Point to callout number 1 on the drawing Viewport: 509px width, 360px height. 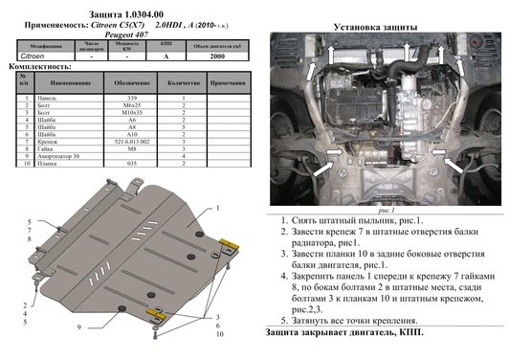pyautogui.click(x=218, y=208)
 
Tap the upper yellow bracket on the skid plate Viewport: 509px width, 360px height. pyautogui.click(x=228, y=243)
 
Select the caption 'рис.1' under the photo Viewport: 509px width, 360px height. pyautogui.click(x=386, y=209)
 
